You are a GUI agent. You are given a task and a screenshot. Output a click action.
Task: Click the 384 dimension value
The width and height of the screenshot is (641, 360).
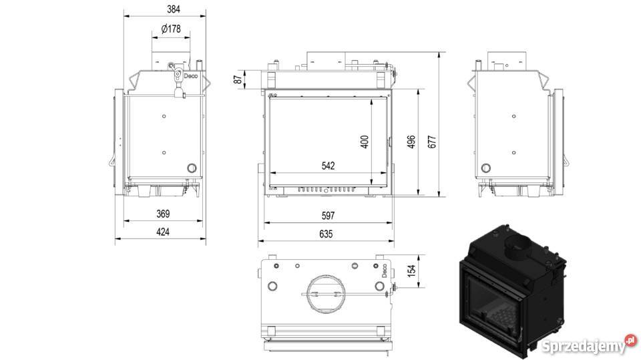pos(174,9)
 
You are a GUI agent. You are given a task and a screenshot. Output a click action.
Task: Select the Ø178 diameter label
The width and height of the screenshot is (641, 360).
pos(171,29)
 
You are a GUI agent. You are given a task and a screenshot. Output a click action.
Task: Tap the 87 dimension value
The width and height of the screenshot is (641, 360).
pos(238,79)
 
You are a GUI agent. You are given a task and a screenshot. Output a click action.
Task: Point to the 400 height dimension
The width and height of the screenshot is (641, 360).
pos(365,142)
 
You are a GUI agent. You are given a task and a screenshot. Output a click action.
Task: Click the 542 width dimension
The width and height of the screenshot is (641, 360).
pos(328,166)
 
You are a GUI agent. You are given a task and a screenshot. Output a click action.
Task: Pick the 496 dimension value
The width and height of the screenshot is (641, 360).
pos(411,142)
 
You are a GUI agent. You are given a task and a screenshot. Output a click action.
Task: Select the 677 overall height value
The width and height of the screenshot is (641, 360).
pos(432,142)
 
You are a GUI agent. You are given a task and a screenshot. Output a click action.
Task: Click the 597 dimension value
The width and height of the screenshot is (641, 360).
pos(328,216)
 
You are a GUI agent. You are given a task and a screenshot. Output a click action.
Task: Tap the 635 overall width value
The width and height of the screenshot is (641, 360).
pos(326,234)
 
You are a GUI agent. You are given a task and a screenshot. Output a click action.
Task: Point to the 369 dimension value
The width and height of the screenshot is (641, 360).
pos(163,214)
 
